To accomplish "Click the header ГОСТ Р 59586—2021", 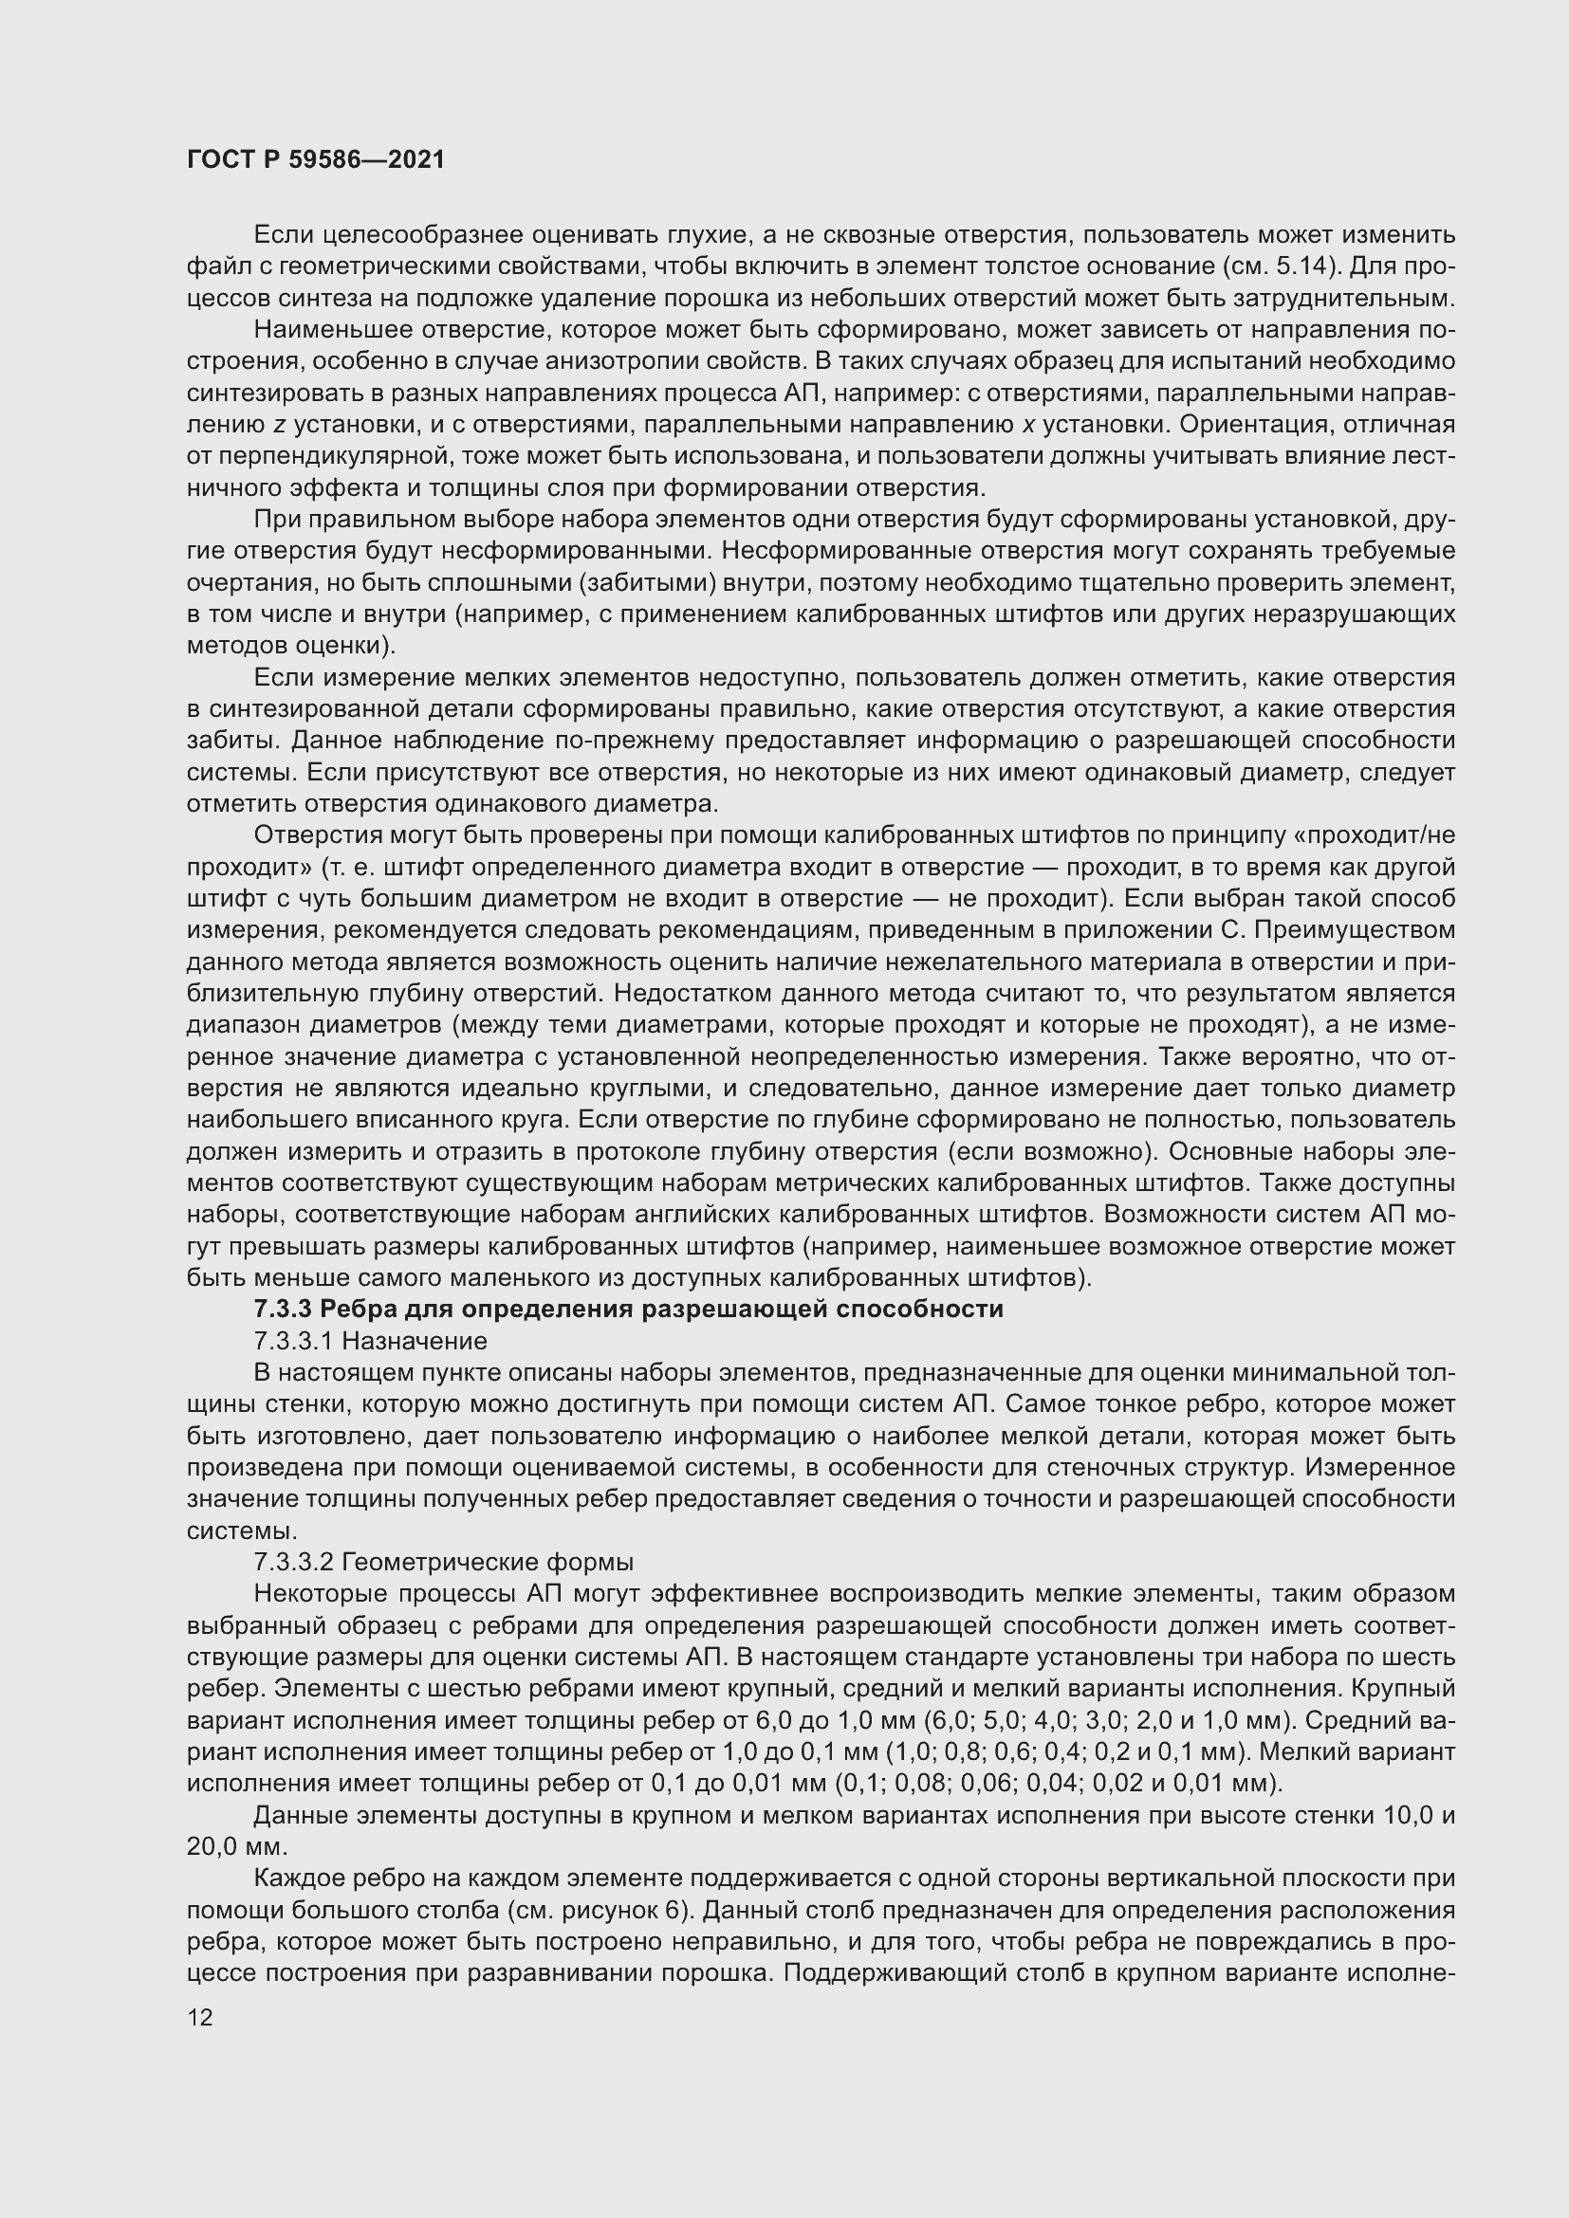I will point(315,159).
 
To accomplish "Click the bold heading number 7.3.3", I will point(282,1309).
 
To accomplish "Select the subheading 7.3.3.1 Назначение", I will point(369,1341).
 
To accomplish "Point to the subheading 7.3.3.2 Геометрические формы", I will point(442,1562).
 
